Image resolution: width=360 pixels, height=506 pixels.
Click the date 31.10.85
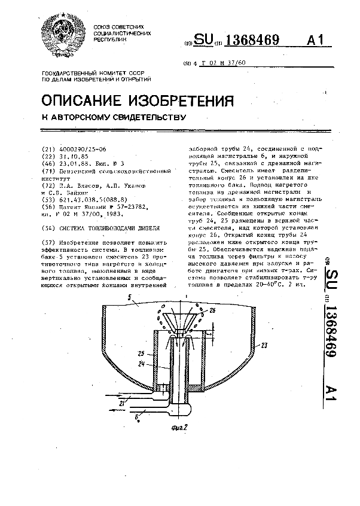coord(74,156)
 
